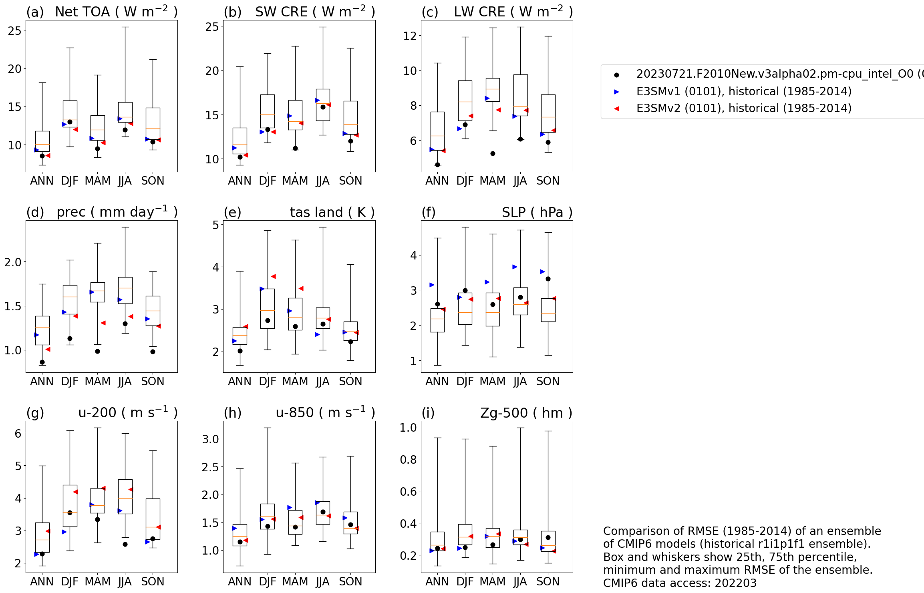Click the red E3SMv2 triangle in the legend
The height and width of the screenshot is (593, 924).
pyautogui.click(x=616, y=109)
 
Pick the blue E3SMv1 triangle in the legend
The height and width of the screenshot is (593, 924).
pyautogui.click(x=616, y=92)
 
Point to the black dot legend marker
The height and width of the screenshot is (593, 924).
pyautogui.click(x=616, y=75)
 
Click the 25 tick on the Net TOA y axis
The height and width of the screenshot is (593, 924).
pyautogui.click(x=14, y=30)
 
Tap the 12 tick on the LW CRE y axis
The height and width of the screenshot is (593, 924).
pyautogui.click(x=410, y=36)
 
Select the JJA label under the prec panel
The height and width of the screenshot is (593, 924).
pyautogui.click(x=125, y=381)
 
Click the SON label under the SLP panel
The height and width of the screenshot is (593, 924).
pyautogui.click(x=548, y=381)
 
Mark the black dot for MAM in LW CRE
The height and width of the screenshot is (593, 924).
pyautogui.click(x=493, y=153)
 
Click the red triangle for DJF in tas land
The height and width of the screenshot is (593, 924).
pyautogui.click(x=273, y=276)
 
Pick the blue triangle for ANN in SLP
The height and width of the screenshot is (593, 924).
pyautogui.click(x=432, y=285)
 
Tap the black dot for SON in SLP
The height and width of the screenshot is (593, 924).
pyautogui.click(x=548, y=279)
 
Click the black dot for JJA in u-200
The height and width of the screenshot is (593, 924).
pyautogui.click(x=125, y=544)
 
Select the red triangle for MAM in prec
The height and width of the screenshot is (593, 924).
pyautogui.click(x=103, y=323)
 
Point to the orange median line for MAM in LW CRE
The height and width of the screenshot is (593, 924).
pyautogui.click(x=493, y=89)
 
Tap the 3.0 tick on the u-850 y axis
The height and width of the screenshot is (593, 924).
pyautogui.click(x=210, y=439)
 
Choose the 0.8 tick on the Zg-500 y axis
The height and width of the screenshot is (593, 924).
pyautogui.click(x=409, y=459)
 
